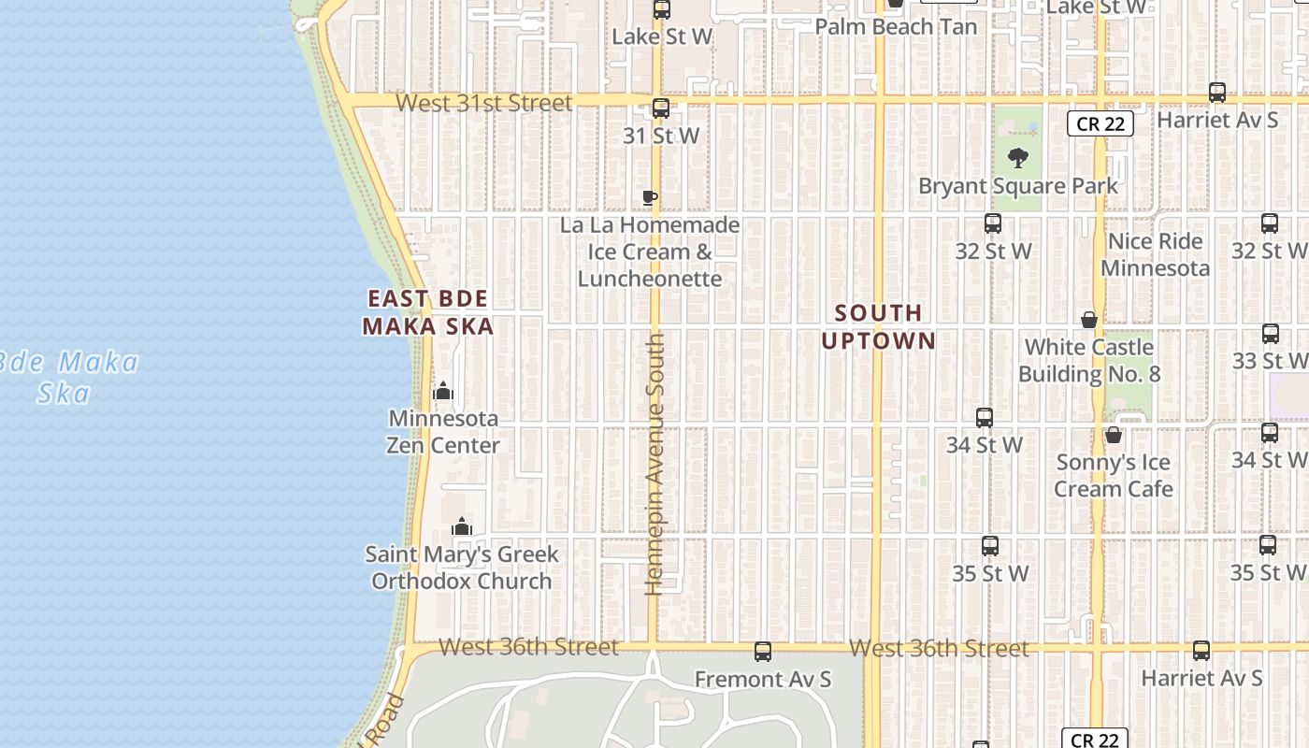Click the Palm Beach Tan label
coord(896,27)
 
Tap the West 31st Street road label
coord(484,103)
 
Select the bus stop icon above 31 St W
coord(661,108)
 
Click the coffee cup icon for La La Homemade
coord(650,197)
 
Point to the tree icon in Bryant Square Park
coord(1018,158)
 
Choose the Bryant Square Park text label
coord(1017,186)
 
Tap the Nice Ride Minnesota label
coord(1155,254)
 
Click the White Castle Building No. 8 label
coord(1089,360)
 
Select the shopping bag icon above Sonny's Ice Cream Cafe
coord(1113,435)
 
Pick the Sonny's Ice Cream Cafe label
coord(1114,475)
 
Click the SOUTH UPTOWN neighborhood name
coord(878,326)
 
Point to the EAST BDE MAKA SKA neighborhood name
coord(428,312)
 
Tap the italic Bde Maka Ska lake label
coord(70,376)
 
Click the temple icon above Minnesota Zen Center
coord(443,391)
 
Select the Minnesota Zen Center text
coord(443,431)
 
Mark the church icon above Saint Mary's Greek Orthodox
coord(462,527)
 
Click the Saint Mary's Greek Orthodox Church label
coord(462,568)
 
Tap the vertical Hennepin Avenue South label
coord(654,464)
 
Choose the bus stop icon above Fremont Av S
coord(763,652)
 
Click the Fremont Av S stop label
coord(763,679)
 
